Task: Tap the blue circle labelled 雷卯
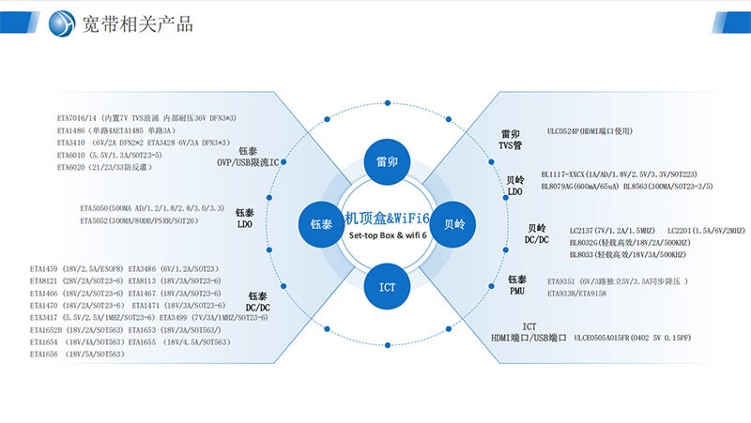point(387,161)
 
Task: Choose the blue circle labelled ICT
point(387,286)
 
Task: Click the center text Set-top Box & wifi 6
point(388,234)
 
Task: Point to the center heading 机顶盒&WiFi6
point(388,218)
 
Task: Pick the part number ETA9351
point(563,280)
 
